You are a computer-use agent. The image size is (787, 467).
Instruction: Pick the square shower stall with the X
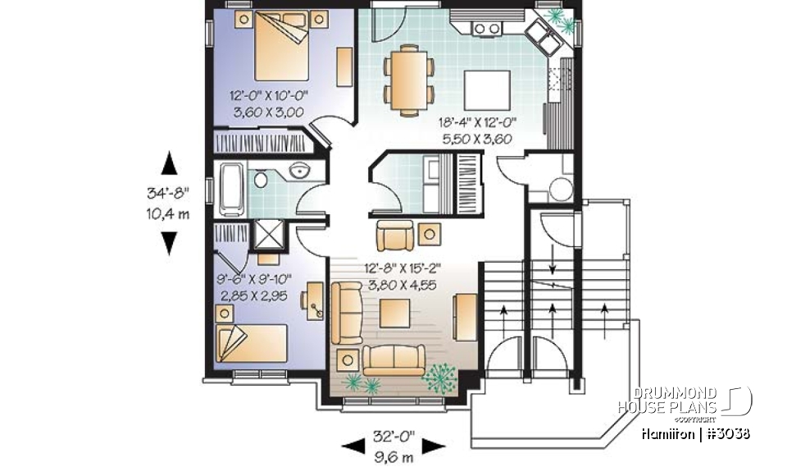(269, 234)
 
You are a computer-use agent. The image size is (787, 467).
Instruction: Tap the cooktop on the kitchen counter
(488, 29)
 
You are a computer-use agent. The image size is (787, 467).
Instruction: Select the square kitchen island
(487, 85)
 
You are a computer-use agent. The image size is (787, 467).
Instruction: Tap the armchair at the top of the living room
(395, 236)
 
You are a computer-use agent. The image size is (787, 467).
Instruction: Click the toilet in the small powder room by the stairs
(560, 188)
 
